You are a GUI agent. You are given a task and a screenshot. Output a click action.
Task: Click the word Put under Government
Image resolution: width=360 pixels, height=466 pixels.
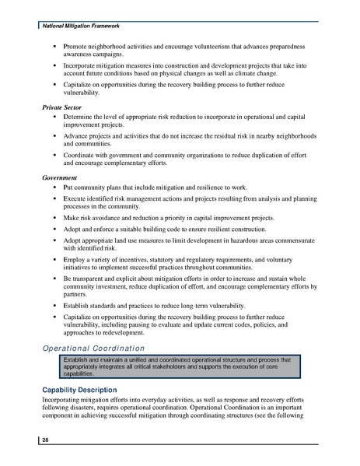69,188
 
